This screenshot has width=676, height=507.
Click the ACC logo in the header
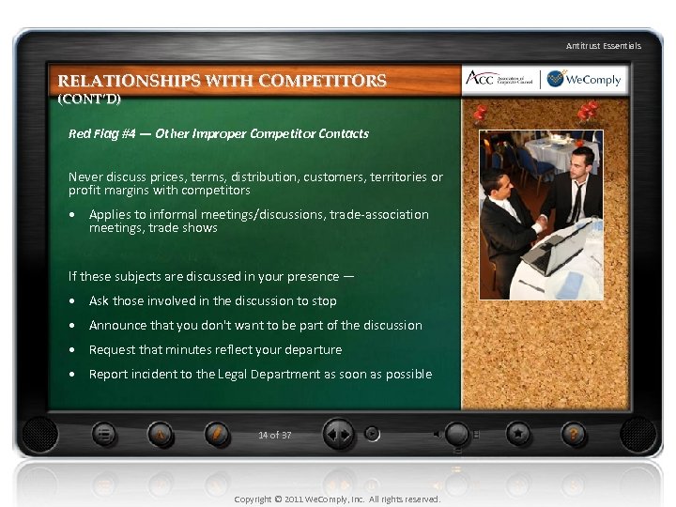(500, 80)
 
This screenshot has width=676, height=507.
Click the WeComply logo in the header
(584, 80)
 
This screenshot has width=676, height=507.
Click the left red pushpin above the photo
(481, 114)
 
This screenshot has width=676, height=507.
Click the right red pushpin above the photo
(589, 112)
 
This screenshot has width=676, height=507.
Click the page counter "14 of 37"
(274, 435)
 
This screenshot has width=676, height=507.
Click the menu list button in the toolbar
(105, 434)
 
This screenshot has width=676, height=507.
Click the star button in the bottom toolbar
(517, 434)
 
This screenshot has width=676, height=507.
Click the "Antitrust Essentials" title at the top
(603, 45)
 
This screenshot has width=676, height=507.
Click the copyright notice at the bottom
(337, 499)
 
